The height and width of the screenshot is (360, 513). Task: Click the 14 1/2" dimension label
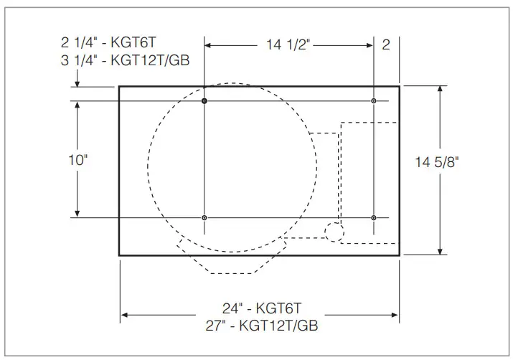click(x=288, y=45)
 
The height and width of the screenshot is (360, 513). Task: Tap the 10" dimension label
click(x=77, y=159)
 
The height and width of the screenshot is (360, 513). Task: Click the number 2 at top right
click(x=386, y=45)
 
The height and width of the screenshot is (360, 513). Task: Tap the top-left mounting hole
click(x=204, y=101)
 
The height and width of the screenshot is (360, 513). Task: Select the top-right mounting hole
click(x=374, y=101)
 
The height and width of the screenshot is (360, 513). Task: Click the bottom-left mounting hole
click(x=204, y=217)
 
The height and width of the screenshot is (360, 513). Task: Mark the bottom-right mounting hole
click(x=374, y=217)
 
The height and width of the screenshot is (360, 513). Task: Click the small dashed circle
click(x=334, y=231)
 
